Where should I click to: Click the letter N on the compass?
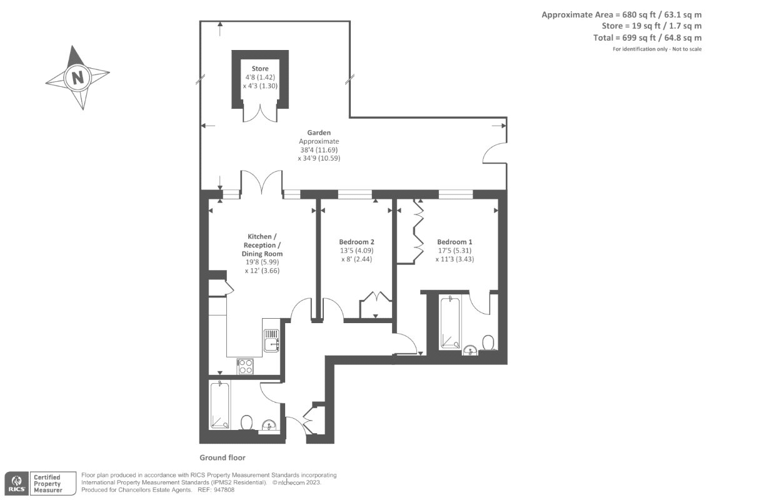pyautogui.click(x=78, y=78)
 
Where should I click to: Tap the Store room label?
pyautogui.click(x=260, y=68)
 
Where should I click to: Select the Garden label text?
pyautogui.click(x=319, y=132)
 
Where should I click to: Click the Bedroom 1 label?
pyautogui.click(x=455, y=242)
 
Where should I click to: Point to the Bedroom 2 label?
pyautogui.click(x=356, y=242)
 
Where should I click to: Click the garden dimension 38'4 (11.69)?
pyautogui.click(x=319, y=150)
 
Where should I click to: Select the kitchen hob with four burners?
pyautogui.click(x=245, y=366)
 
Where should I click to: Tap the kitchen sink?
pyautogui.click(x=271, y=340)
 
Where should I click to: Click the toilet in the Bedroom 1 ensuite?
pyautogui.click(x=488, y=342)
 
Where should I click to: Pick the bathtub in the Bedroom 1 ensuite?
pyautogui.click(x=450, y=322)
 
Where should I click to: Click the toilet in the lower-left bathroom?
pyautogui.click(x=247, y=422)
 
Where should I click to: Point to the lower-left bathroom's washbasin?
pyautogui.click(x=269, y=425)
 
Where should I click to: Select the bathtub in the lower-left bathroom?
pyautogui.click(x=220, y=404)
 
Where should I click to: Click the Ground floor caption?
pyautogui.click(x=223, y=457)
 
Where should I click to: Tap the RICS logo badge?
pyautogui.click(x=17, y=483)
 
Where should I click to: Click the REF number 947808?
pyautogui.click(x=224, y=490)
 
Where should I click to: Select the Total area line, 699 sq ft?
pyautogui.click(x=647, y=37)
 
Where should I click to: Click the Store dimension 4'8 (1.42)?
pyautogui.click(x=260, y=77)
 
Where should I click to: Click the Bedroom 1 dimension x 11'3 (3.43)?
pyautogui.click(x=455, y=259)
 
